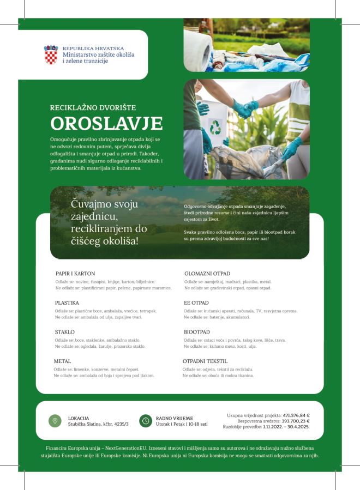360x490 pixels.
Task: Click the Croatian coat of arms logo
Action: pos(51,55)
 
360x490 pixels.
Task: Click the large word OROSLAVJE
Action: pos(106,124)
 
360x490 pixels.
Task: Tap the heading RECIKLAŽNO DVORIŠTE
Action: pos(93,107)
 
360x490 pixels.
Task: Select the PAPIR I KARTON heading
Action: pos(75,274)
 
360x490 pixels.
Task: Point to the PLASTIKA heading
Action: pos(67,303)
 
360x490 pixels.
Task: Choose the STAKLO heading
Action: pos(64,332)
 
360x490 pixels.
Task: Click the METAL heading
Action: pos(62,361)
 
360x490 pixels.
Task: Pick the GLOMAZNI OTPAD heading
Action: pos(207,274)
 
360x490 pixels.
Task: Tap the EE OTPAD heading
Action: pos(196,303)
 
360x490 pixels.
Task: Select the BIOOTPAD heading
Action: pos(197,332)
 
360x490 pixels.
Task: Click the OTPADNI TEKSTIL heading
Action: pos(205,361)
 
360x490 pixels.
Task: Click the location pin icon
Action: pos(55,420)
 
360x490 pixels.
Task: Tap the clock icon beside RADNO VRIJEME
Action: pos(145,420)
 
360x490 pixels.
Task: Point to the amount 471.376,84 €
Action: pos(296,416)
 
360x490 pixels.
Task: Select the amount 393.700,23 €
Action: pos(295,421)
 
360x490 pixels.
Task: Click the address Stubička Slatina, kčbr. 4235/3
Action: pos(98,424)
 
